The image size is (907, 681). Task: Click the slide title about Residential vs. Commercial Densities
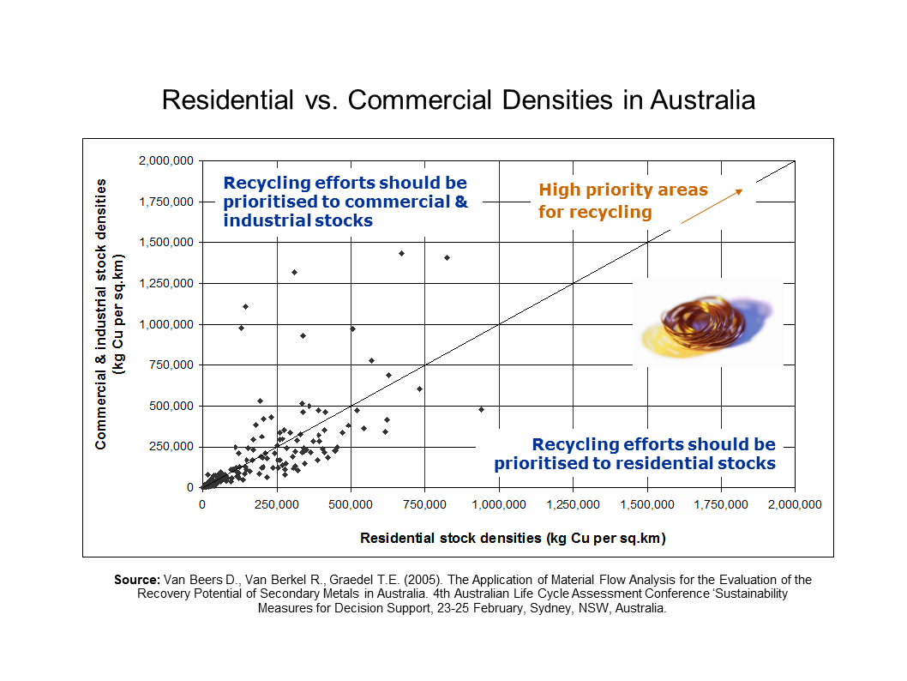pos(459,100)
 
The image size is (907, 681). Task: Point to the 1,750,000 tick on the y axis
pos(168,202)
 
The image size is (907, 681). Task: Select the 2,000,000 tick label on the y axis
pos(168,161)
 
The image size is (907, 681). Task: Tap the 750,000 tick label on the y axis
pos(175,365)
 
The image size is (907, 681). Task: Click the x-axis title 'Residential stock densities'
pos(513,539)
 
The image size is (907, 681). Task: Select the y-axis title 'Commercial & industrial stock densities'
pos(109,314)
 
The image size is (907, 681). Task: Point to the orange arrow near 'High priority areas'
pos(712,207)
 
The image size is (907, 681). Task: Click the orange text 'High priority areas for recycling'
pos(622,201)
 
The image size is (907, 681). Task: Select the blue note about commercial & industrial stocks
pos(345,202)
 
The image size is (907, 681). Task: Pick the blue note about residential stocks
pos(634,454)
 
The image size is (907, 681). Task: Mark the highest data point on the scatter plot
pos(401,253)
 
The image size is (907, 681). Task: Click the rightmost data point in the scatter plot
pos(481,409)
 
